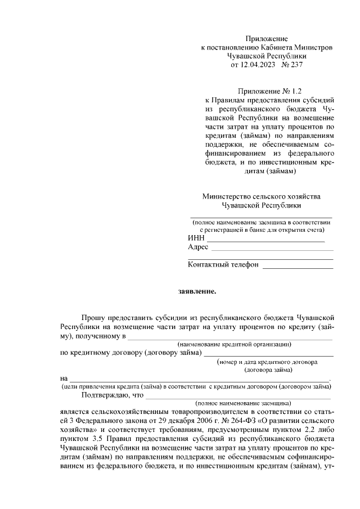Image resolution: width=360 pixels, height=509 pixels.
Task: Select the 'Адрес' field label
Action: click(x=198, y=247)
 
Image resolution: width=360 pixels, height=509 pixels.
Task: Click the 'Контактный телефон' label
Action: click(x=223, y=264)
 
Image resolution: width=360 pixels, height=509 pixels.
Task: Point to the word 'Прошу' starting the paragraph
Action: click(x=93, y=318)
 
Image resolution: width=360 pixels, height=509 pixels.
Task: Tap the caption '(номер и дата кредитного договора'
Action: click(x=268, y=362)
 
